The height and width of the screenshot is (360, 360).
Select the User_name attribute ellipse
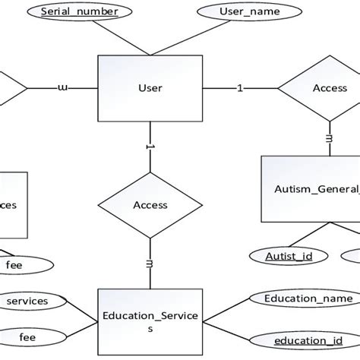point(238,12)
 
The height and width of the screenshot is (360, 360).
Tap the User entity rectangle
point(150,88)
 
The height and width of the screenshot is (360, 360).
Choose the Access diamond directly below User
point(150,204)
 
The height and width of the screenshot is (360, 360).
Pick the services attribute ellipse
point(27,302)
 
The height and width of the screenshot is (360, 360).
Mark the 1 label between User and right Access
point(240,88)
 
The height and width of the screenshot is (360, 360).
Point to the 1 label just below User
point(150,147)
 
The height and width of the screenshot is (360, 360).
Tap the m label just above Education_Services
point(150,263)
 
